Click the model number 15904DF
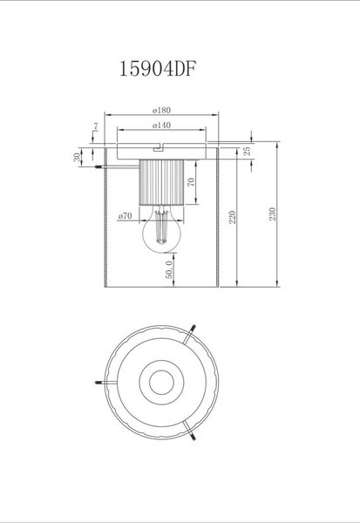(x=158, y=69)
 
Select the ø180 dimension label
(x=161, y=110)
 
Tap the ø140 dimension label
(x=161, y=126)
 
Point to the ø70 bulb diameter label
(x=126, y=216)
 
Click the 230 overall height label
(x=273, y=214)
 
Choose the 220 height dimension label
(x=233, y=217)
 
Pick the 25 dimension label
(x=248, y=151)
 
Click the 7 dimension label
(x=96, y=126)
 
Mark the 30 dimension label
(x=77, y=157)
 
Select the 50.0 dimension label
(x=169, y=269)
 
